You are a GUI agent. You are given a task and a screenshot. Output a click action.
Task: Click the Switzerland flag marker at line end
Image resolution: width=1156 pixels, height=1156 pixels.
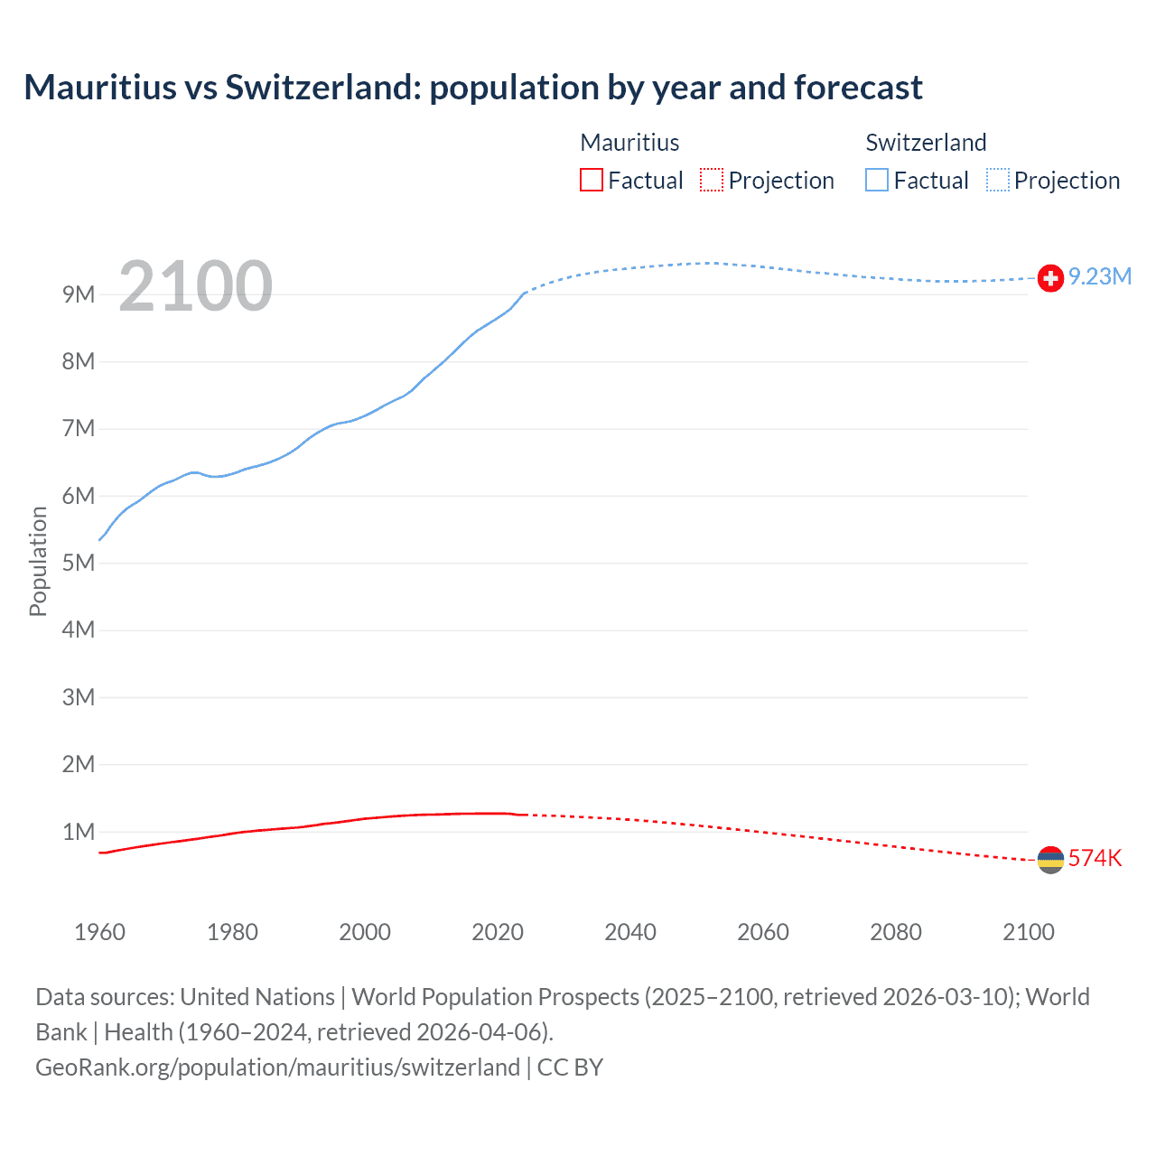1050,278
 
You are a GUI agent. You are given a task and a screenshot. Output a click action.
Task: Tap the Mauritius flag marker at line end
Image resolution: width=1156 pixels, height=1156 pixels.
1050,860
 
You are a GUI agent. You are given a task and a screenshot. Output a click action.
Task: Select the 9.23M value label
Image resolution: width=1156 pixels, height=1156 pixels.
1100,276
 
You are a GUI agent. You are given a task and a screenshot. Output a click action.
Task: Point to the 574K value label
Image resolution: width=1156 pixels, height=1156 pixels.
1095,858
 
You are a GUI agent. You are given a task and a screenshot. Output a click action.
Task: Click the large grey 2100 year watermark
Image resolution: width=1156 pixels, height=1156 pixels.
195,286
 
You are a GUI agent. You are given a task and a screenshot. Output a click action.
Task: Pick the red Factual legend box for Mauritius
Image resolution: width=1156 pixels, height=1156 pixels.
592,180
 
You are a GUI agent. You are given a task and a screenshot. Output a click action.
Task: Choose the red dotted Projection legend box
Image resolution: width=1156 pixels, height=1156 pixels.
712,180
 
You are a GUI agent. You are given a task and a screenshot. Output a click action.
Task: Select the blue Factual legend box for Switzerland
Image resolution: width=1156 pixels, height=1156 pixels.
877,180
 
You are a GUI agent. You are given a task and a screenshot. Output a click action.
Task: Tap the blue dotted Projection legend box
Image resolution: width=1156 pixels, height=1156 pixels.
998,180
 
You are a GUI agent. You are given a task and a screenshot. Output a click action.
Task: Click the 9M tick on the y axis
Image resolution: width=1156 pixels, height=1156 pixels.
79,294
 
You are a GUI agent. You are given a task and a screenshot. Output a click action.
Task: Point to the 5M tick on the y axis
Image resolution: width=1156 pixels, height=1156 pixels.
79,563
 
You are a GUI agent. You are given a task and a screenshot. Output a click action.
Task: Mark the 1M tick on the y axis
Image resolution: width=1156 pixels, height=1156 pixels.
79,832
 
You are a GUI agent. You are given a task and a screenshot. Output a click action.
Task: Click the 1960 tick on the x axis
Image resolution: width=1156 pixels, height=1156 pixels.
99,932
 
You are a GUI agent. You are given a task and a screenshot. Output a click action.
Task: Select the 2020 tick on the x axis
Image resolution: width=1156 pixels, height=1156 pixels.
498,932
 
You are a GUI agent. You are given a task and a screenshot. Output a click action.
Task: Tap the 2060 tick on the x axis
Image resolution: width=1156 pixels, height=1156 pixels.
763,932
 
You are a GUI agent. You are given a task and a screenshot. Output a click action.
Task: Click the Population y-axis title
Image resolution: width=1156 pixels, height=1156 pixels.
38,561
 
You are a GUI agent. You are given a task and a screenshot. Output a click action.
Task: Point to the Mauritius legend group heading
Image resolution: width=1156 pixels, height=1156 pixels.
629,143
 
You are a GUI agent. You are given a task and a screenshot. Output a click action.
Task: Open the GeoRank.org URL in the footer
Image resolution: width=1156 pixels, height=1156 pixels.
277,1067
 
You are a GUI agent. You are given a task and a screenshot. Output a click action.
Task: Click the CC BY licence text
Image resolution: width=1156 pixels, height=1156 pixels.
570,1067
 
